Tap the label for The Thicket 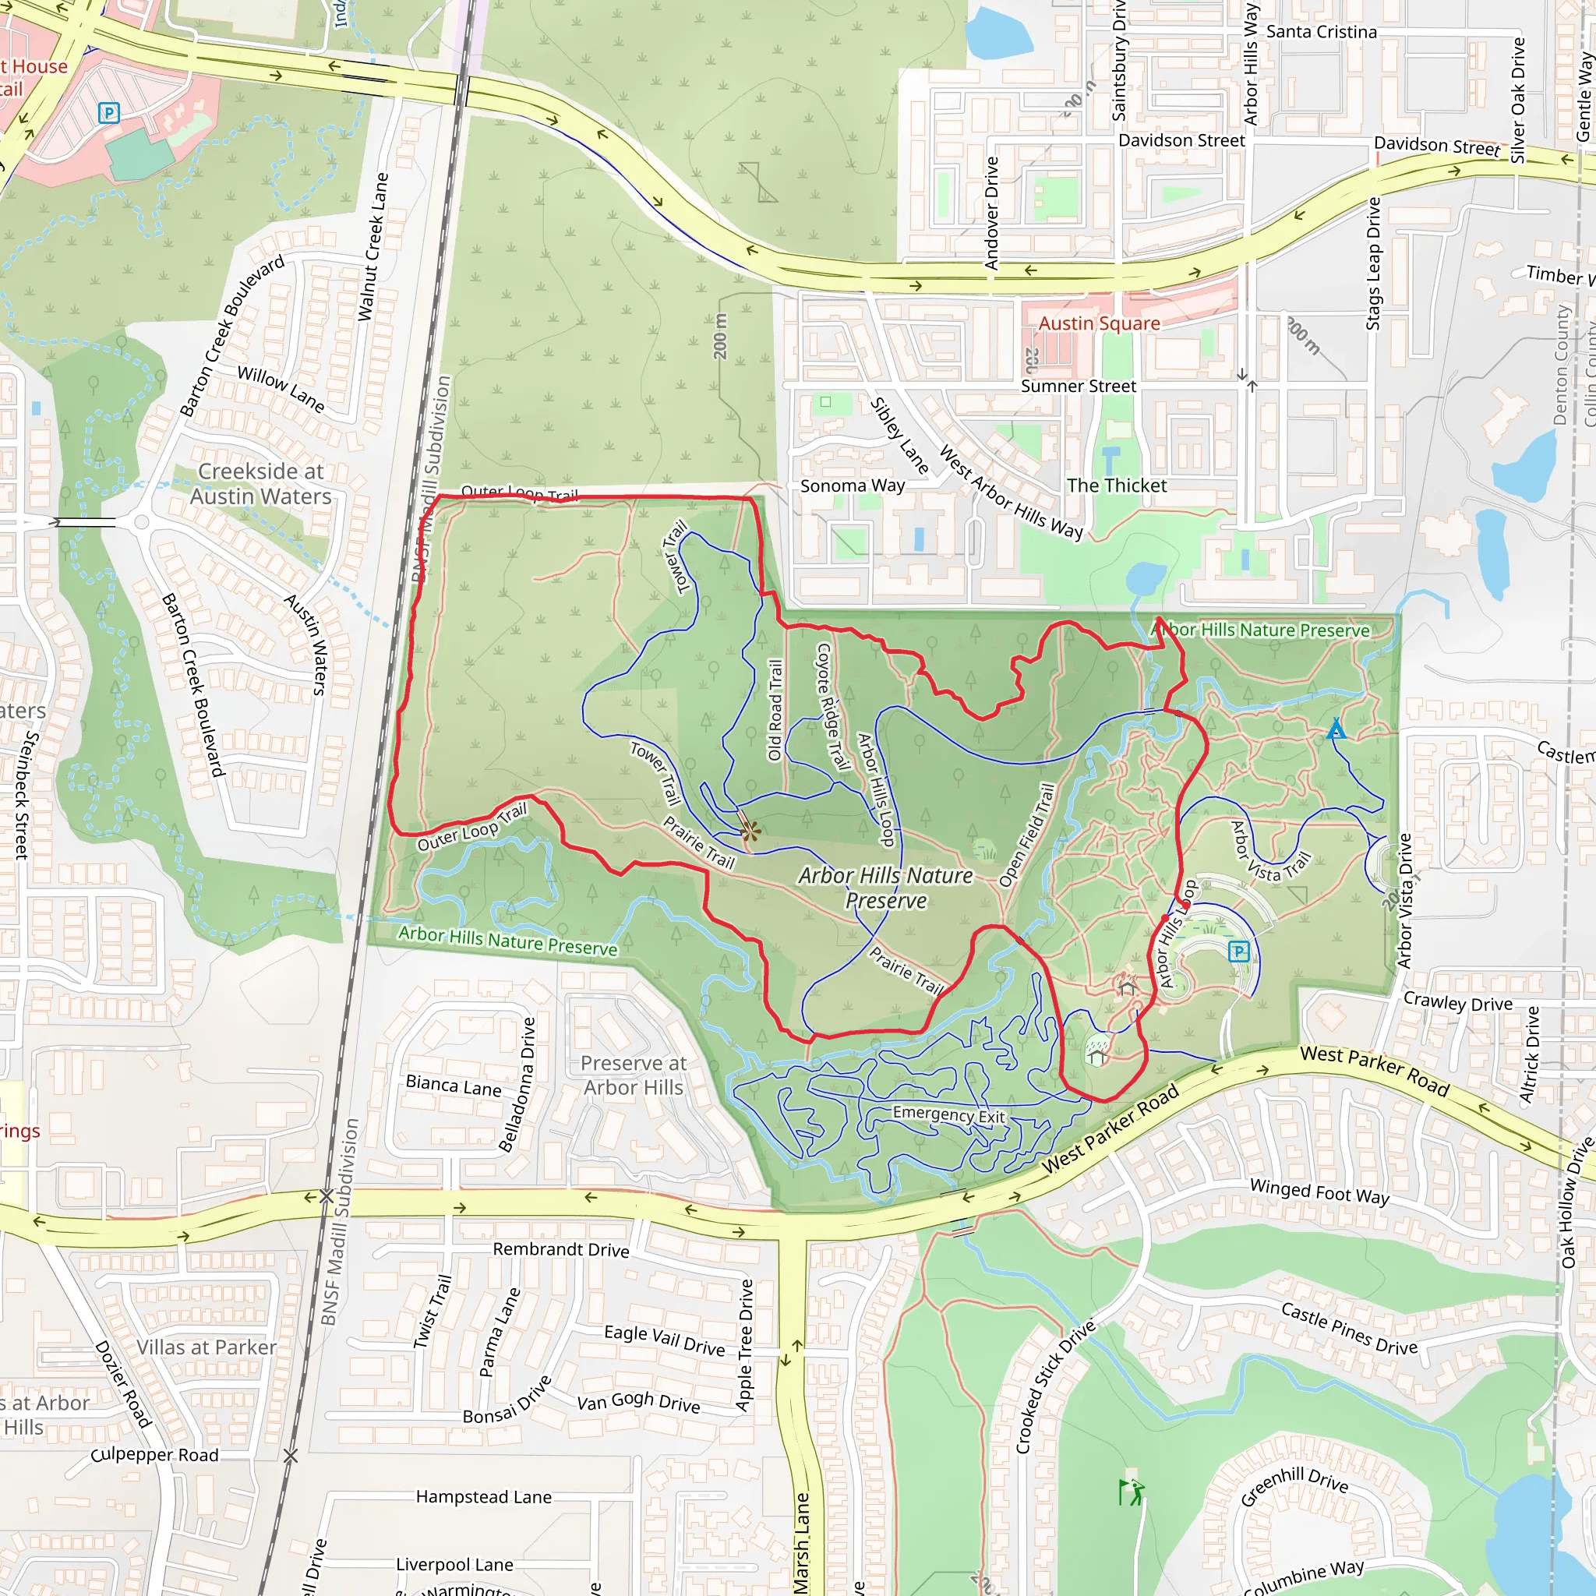pos(1117,486)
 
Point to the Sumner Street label pos(1078,386)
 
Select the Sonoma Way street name pos(853,486)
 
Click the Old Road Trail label pos(775,710)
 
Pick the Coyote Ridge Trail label pos(833,706)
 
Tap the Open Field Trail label pos(1027,835)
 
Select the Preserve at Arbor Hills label pos(634,1075)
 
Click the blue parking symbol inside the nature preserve pos(1238,952)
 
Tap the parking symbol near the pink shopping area pos(108,112)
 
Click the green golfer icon pos(1131,1492)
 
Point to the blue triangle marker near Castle pos(1336,729)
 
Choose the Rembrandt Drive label pos(561,1249)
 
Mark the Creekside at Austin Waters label pos(261,483)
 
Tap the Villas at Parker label pos(207,1347)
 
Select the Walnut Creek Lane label pos(373,247)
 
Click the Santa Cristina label pos(1321,32)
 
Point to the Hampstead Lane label pos(483,1497)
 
